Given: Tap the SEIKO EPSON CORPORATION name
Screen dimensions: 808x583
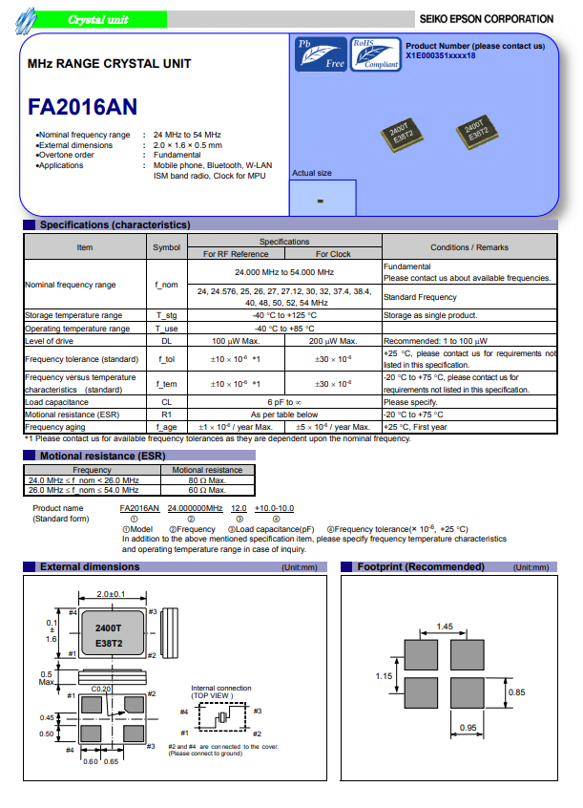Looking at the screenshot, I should point(486,19).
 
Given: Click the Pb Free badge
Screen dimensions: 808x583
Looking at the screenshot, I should point(322,54).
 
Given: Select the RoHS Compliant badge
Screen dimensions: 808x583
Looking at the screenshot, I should point(375,54).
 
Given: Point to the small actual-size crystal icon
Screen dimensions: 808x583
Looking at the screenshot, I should point(321,202).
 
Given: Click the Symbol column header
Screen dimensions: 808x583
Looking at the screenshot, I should point(166,247).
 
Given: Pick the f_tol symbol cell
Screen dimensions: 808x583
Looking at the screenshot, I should point(166,359).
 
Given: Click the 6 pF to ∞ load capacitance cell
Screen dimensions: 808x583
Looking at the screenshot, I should point(284,403).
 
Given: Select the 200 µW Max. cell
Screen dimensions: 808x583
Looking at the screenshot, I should point(333,341).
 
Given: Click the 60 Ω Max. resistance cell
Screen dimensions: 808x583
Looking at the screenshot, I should point(207,489).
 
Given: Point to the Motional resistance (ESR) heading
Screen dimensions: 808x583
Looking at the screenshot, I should point(89,457).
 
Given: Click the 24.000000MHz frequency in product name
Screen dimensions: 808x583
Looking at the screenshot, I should point(195,508).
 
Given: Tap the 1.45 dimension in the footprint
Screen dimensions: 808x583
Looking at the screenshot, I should point(444,627).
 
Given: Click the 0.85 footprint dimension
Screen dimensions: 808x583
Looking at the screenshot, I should point(515,691).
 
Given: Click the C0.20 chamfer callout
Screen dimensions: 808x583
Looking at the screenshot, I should point(101,689).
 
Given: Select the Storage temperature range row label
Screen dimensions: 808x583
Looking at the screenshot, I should point(73,315).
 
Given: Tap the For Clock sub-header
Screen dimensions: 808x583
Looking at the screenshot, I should point(333,254).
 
